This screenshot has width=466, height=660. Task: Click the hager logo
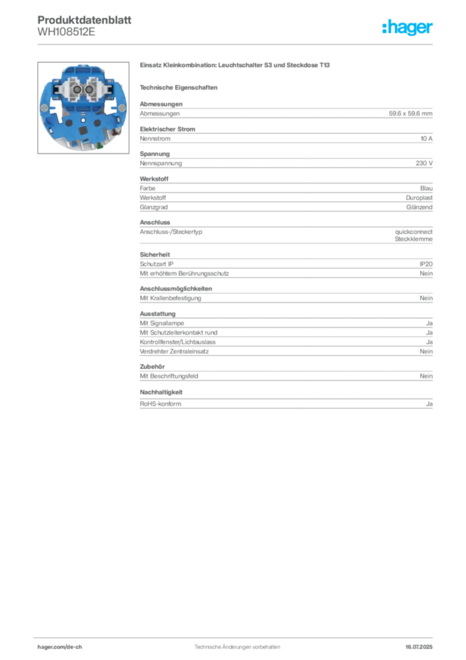click(x=407, y=27)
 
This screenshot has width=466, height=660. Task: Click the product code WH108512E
click(x=66, y=32)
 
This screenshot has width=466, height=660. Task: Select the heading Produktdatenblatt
click(x=84, y=20)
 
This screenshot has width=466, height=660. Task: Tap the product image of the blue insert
click(x=83, y=108)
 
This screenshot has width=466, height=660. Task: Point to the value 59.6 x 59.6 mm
click(x=411, y=113)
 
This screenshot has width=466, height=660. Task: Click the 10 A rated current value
click(x=427, y=139)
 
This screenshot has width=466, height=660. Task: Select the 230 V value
click(x=424, y=163)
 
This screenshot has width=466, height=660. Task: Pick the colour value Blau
click(x=426, y=189)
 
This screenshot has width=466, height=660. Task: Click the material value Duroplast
click(x=420, y=198)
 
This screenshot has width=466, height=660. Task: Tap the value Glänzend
click(x=420, y=207)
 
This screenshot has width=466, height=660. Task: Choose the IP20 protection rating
click(x=426, y=264)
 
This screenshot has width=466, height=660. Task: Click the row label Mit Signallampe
click(x=162, y=324)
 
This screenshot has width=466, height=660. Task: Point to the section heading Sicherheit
click(x=154, y=255)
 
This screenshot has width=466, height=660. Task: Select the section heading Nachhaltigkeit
click(x=161, y=393)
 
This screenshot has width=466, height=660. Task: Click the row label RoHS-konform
click(x=160, y=403)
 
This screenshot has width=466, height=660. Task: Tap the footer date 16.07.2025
click(x=419, y=647)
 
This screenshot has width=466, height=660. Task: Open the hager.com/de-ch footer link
click(x=60, y=647)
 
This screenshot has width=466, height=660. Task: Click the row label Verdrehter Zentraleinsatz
click(x=174, y=351)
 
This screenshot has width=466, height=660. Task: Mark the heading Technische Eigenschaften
click(x=178, y=88)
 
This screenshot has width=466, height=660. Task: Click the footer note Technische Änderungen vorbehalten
click(x=238, y=647)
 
